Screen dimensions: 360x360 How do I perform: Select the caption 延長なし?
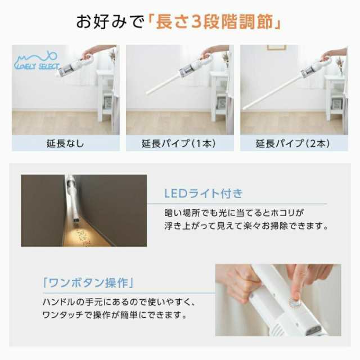pos(65,143)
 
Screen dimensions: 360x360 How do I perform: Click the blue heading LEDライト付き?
pos(203,193)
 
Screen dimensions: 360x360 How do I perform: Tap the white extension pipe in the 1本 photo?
pos(166,83)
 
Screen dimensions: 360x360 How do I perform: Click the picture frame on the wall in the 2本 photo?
pos(276,48)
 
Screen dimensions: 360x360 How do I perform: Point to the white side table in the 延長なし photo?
pos(105,93)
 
